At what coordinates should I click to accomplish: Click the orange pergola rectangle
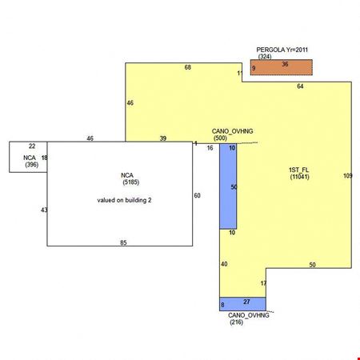pyautogui.click(x=282, y=67)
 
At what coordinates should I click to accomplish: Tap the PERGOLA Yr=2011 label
pyautogui.click(x=282, y=50)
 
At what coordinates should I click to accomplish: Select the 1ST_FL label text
pyautogui.click(x=298, y=170)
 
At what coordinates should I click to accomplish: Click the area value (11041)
pyautogui.click(x=300, y=177)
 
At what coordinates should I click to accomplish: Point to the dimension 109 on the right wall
pyautogui.click(x=348, y=176)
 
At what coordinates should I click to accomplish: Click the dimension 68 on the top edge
pyautogui.click(x=188, y=67)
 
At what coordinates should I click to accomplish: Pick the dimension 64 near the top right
pyautogui.click(x=300, y=86)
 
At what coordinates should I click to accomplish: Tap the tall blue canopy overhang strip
pyautogui.click(x=228, y=186)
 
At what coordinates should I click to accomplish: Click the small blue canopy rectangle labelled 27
pyautogui.click(x=242, y=304)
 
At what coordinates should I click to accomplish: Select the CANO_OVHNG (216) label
pyautogui.click(x=249, y=318)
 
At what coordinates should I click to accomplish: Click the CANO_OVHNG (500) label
pyautogui.click(x=232, y=134)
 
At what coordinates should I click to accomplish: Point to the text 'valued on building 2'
pyautogui.click(x=124, y=200)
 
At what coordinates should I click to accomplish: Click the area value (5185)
pyautogui.click(x=131, y=182)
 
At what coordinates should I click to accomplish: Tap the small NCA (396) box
pyautogui.click(x=28, y=157)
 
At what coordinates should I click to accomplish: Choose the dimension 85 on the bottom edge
pyautogui.click(x=123, y=242)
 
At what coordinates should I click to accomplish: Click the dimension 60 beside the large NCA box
pyautogui.click(x=197, y=196)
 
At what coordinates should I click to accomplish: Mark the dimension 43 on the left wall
pyautogui.click(x=44, y=210)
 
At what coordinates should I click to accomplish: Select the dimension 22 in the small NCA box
pyautogui.click(x=32, y=146)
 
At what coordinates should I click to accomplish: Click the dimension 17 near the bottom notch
pyautogui.click(x=263, y=283)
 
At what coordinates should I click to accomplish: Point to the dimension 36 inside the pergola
pyautogui.click(x=285, y=64)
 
